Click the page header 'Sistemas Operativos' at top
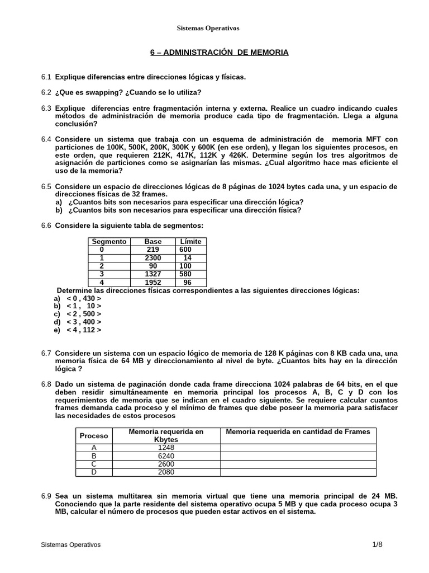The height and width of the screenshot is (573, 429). click(208, 28)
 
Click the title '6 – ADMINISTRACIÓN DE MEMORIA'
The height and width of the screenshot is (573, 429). click(219, 52)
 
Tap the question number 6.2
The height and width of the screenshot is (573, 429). click(46, 92)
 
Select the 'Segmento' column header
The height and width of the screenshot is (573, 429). click(109, 241)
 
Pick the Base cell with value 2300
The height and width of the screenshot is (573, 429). click(153, 258)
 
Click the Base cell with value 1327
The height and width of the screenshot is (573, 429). click(153, 275)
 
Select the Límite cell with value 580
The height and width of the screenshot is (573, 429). click(187, 275)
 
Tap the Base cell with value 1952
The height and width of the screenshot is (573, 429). click(153, 283)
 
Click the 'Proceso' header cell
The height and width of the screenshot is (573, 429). click(94, 435)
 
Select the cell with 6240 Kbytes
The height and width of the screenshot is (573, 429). click(166, 455)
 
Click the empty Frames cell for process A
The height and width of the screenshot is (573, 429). click(298, 448)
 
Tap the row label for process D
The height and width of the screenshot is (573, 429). click(94, 472)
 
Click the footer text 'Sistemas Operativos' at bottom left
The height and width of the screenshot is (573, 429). click(71, 544)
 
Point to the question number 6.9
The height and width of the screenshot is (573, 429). click(46, 496)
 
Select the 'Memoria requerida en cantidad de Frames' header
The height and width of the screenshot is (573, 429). click(298, 431)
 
